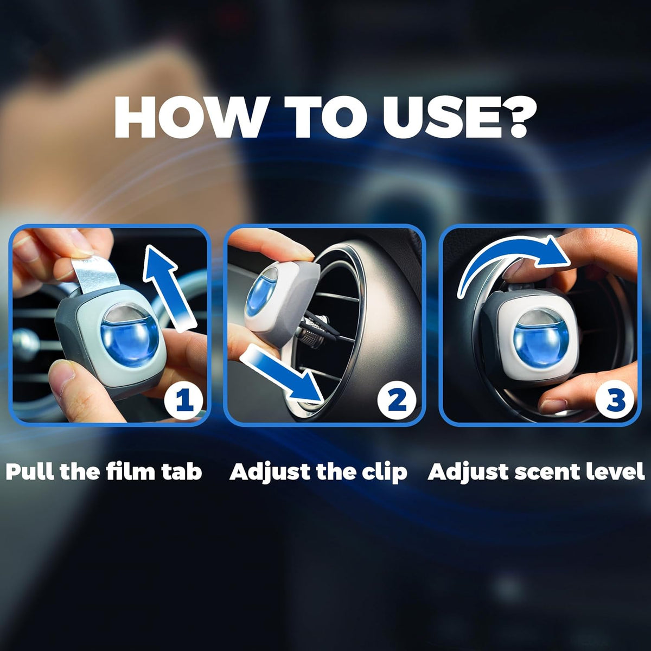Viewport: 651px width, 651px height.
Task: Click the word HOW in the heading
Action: [x=189, y=116]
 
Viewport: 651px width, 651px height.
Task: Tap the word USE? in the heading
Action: [x=455, y=117]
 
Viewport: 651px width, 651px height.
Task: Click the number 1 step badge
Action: [x=184, y=400]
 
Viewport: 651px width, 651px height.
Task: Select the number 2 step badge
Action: [x=397, y=400]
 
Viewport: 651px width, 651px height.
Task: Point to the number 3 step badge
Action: [x=614, y=400]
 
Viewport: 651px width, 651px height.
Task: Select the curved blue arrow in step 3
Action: [x=507, y=252]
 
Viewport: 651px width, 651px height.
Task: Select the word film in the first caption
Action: [x=131, y=471]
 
